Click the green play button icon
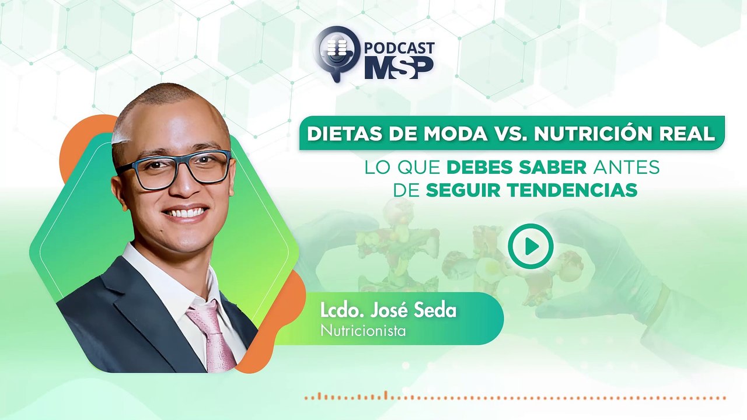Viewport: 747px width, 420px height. [530, 246]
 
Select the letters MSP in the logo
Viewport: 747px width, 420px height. [399, 67]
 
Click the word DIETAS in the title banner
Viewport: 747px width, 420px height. [342, 134]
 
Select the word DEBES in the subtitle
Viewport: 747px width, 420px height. [484, 167]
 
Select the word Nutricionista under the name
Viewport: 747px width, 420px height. [363, 330]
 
